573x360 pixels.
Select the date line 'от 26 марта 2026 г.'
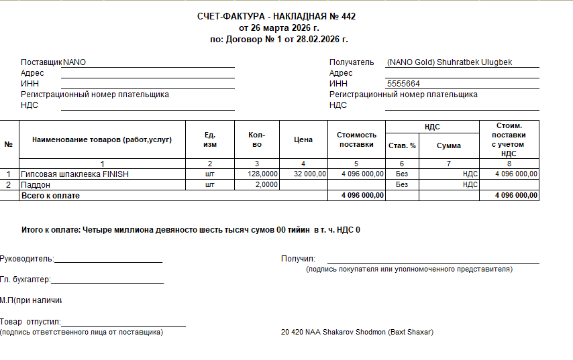(x=279, y=28)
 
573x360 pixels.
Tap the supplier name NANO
(x=74, y=62)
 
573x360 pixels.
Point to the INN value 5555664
(x=404, y=84)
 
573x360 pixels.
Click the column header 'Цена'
(x=303, y=140)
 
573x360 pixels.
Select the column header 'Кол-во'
(x=257, y=140)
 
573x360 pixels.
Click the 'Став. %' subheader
(x=402, y=145)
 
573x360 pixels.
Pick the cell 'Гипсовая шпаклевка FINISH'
(x=74, y=174)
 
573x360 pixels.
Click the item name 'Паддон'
(x=36, y=184)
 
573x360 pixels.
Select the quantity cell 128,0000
(x=262, y=174)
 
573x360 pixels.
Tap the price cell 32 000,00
(x=310, y=174)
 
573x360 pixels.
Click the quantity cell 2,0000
(x=266, y=184)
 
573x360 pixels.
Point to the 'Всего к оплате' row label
(x=50, y=195)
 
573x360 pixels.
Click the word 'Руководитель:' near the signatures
(x=27, y=259)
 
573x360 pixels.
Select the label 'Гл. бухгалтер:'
(x=25, y=280)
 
